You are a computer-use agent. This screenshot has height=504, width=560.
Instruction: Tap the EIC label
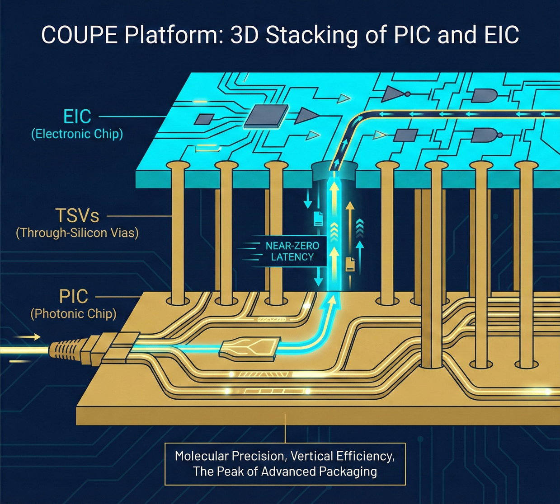77,117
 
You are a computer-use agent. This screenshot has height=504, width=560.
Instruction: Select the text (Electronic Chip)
77,134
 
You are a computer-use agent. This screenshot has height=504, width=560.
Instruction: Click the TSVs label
77,215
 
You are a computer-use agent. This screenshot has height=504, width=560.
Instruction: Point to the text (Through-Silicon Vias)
77,233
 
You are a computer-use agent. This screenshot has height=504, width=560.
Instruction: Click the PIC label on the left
74,297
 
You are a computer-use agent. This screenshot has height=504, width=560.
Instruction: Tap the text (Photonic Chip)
74,314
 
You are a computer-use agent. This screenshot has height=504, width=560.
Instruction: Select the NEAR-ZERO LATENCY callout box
292,252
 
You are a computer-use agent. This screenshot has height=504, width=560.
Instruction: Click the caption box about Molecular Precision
285,464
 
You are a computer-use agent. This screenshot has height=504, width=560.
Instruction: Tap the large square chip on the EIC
267,115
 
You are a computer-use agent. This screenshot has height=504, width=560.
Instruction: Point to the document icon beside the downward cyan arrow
318,219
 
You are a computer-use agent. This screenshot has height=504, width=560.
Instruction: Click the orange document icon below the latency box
350,264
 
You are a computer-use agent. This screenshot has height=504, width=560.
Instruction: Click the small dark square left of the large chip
204,119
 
